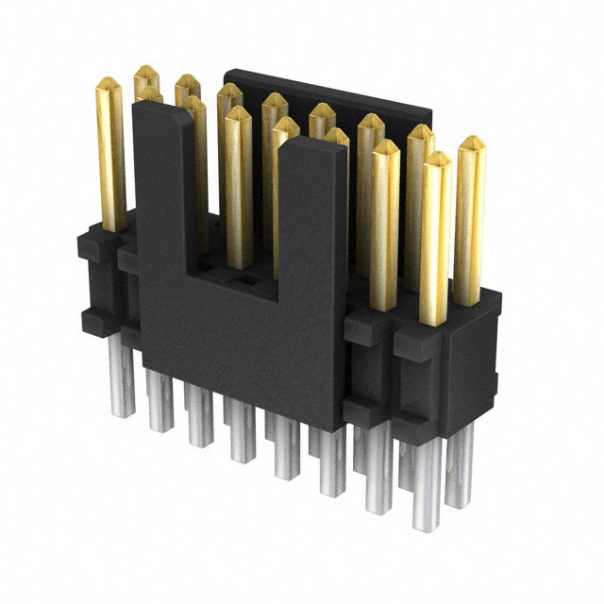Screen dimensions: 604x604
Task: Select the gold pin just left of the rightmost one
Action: pyautogui.click(x=435, y=236)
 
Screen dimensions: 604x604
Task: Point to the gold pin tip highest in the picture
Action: pyautogui.click(x=145, y=72)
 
